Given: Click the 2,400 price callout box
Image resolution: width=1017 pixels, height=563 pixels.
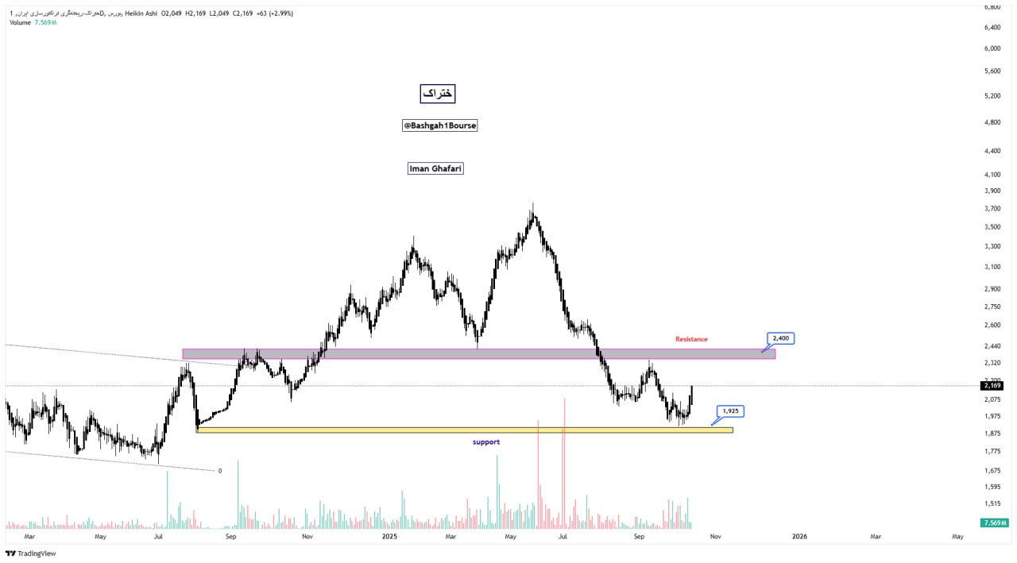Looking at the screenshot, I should (x=779, y=338).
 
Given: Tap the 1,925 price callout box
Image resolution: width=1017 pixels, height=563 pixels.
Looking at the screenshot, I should (x=731, y=411).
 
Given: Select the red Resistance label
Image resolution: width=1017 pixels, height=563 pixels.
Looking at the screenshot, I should (x=691, y=339).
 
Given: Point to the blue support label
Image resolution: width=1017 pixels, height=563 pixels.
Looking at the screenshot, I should (x=486, y=442).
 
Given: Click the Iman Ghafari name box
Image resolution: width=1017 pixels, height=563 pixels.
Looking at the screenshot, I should (x=435, y=168).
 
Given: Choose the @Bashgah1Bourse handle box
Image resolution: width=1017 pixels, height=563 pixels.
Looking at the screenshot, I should (x=440, y=125).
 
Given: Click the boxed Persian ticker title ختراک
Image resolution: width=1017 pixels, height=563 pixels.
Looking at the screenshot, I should (x=438, y=94).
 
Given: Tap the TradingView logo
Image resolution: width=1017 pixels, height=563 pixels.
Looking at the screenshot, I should (x=31, y=553).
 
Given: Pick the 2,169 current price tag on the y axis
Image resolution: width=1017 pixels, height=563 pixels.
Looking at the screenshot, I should (x=993, y=386).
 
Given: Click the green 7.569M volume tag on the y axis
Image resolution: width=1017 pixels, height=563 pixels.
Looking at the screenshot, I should (x=995, y=523).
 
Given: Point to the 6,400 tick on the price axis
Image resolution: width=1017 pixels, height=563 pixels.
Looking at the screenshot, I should (x=992, y=27).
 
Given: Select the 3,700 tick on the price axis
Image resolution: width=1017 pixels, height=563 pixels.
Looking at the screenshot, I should (x=992, y=209).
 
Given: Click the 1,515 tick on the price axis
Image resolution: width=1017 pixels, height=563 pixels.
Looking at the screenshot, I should (x=992, y=503).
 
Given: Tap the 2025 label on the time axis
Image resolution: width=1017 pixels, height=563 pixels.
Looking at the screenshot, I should (x=389, y=537).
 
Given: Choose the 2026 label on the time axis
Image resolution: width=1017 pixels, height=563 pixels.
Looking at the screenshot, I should (x=799, y=537).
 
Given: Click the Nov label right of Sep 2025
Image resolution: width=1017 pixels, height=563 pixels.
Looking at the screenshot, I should (x=715, y=537).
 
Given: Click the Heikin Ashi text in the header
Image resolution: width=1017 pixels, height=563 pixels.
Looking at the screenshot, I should (x=141, y=13).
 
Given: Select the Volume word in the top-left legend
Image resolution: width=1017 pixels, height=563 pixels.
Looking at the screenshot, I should (x=20, y=22).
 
